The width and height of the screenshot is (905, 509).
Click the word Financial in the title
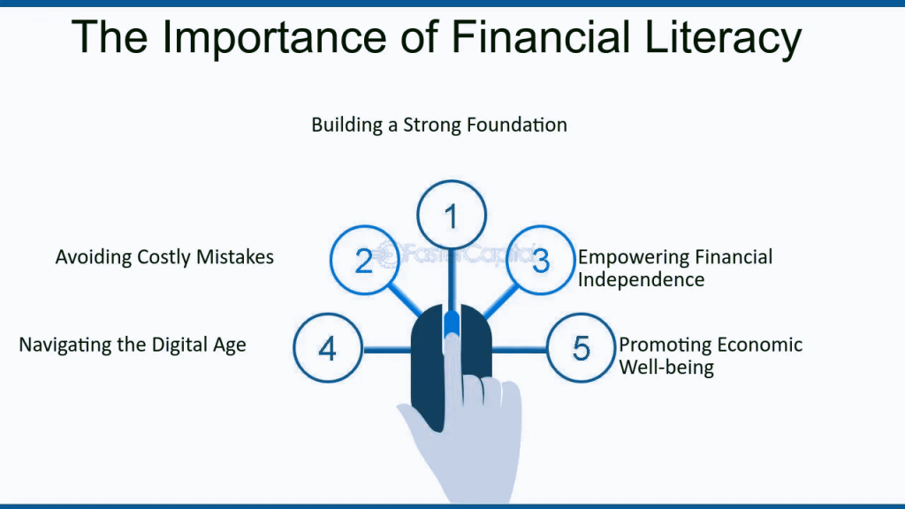(x=540, y=37)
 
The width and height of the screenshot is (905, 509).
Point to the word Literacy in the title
(x=723, y=39)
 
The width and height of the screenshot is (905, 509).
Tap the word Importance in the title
(x=274, y=38)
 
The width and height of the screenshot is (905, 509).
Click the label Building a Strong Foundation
(x=439, y=125)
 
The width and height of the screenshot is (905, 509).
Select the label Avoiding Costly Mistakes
(x=164, y=257)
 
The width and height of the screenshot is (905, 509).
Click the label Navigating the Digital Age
(x=133, y=345)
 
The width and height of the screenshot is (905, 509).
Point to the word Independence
(x=642, y=280)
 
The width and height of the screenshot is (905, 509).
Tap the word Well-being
(x=666, y=367)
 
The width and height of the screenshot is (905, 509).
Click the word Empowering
(x=633, y=257)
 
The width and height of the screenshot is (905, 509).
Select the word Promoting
(x=660, y=346)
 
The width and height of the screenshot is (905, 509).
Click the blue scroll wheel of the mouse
(x=452, y=325)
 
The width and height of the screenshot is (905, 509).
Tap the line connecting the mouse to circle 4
(x=387, y=350)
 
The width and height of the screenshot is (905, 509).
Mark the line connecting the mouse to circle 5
(x=519, y=350)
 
